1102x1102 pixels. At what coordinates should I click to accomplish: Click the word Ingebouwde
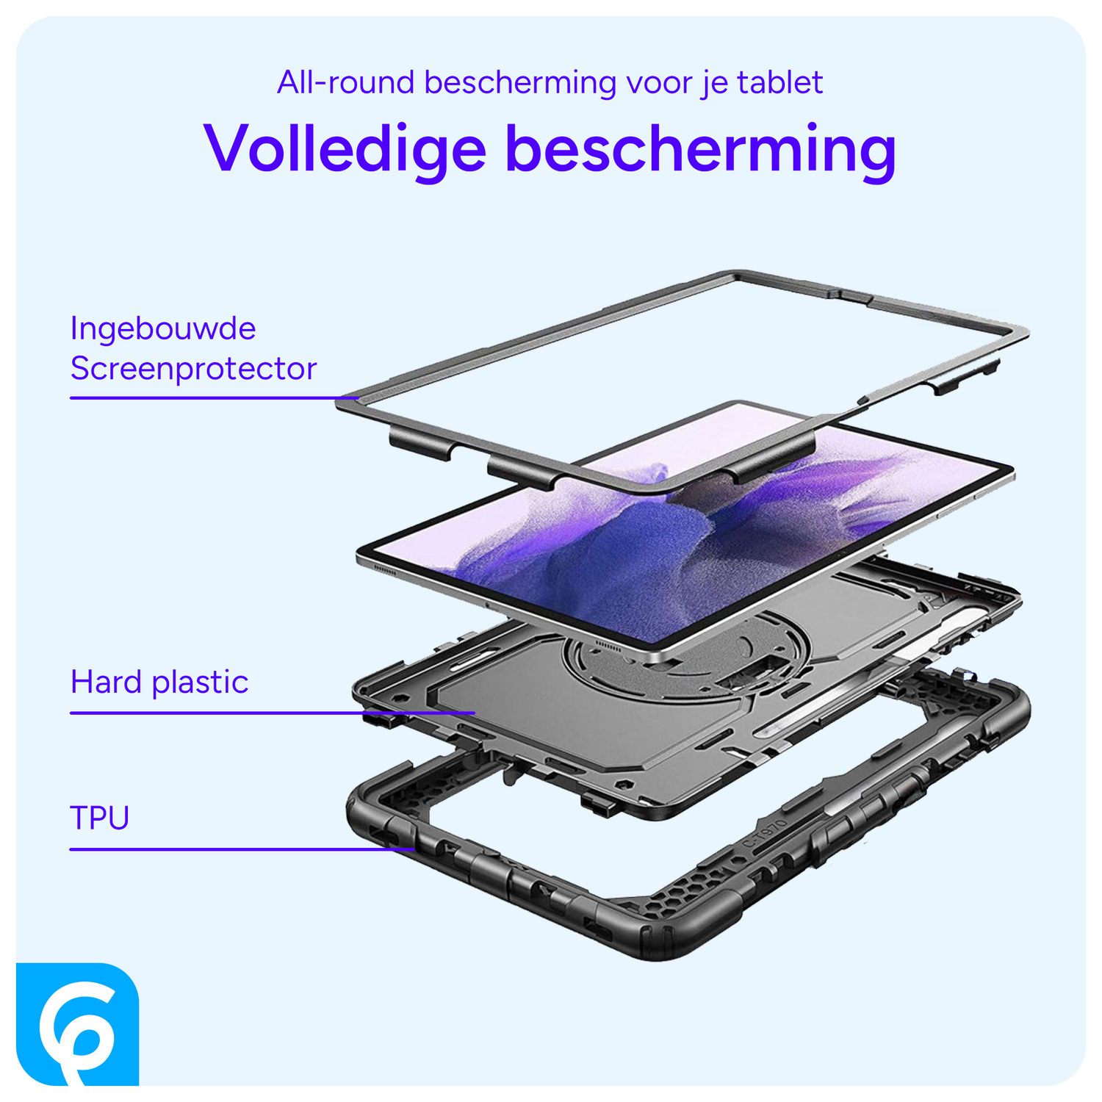click(x=163, y=328)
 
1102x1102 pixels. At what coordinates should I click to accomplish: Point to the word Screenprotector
click(x=193, y=369)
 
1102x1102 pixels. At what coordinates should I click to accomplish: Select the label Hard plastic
click(x=159, y=683)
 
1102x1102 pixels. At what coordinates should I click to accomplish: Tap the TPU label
click(x=100, y=818)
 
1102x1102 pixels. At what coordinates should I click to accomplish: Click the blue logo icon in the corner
click(x=76, y=1032)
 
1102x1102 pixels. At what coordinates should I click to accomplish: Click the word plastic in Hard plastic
click(x=200, y=683)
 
